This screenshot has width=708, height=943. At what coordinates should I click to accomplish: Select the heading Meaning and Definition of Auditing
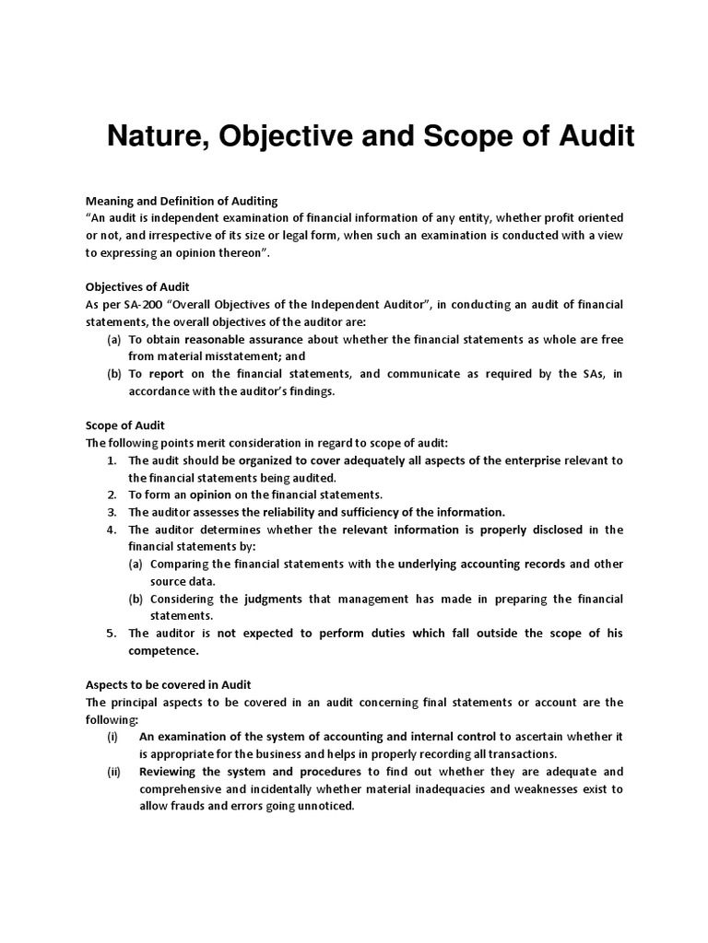pos(182,201)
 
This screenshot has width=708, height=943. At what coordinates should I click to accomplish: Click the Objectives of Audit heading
pos(137,286)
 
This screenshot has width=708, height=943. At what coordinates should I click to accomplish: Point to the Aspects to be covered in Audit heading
pos(169,684)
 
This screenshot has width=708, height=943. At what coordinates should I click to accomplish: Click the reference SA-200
pos(138,304)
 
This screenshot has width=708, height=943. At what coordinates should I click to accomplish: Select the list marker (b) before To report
pos(114,373)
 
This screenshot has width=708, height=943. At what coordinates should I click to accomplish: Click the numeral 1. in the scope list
pos(112,460)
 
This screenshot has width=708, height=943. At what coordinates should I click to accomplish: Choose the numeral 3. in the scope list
pos(112,511)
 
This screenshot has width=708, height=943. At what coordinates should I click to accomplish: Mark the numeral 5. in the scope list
pos(112,633)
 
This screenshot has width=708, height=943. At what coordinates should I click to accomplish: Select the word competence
pos(162,650)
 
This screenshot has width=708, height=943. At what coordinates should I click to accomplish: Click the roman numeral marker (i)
pos(112,737)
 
